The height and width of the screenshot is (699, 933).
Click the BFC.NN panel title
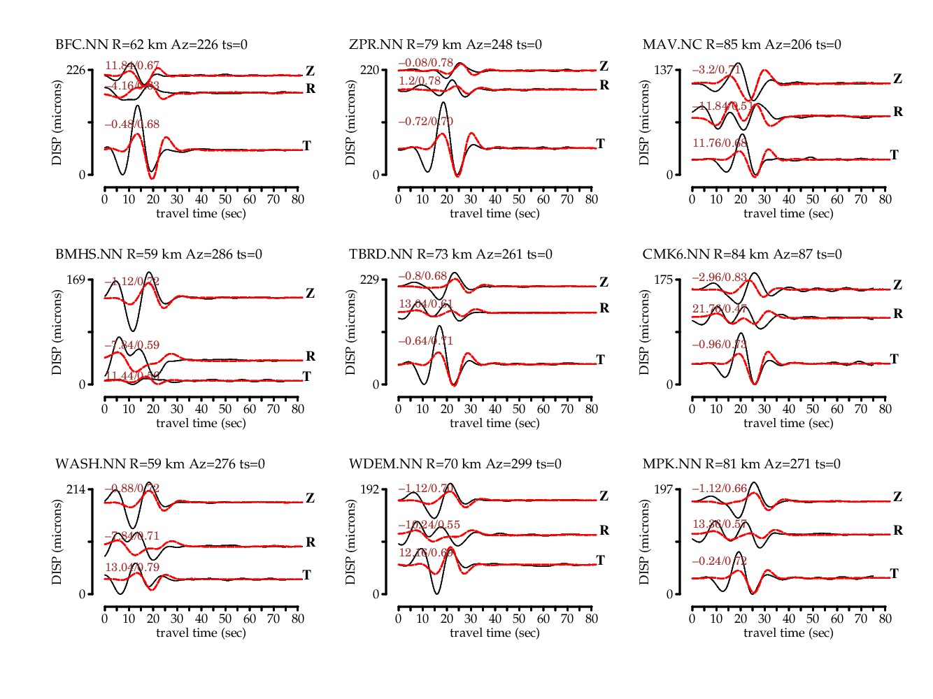coord(151,45)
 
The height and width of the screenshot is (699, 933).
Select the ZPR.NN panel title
coord(446,45)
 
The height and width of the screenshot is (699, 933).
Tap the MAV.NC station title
coord(741,45)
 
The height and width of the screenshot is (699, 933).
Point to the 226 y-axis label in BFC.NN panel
coord(76,70)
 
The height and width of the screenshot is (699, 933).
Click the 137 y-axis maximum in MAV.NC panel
coord(663,70)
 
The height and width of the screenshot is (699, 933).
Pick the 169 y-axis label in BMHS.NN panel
coord(76,280)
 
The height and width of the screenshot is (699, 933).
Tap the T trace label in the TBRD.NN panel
coord(600,359)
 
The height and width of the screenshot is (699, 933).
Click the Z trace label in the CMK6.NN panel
coord(898,284)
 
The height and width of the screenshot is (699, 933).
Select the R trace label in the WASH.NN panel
coord(311,542)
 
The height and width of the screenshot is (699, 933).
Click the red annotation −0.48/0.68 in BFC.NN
coord(132,124)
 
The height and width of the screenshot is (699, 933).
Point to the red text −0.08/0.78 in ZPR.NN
coord(426,63)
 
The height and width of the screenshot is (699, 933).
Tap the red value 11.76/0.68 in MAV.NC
coord(720,143)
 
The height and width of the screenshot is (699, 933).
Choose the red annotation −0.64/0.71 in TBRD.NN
coord(426,341)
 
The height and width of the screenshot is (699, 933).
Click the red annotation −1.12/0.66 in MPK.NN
coord(720,488)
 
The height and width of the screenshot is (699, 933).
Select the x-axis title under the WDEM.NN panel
coord(494,633)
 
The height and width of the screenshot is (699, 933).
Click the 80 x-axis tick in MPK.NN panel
coord(885,619)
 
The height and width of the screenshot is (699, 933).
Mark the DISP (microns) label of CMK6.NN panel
coord(644,332)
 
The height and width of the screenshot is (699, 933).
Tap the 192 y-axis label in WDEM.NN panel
coord(369,489)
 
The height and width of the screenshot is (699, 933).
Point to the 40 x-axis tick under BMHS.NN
coord(201,409)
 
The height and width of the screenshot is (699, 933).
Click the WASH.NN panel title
coord(160,464)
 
